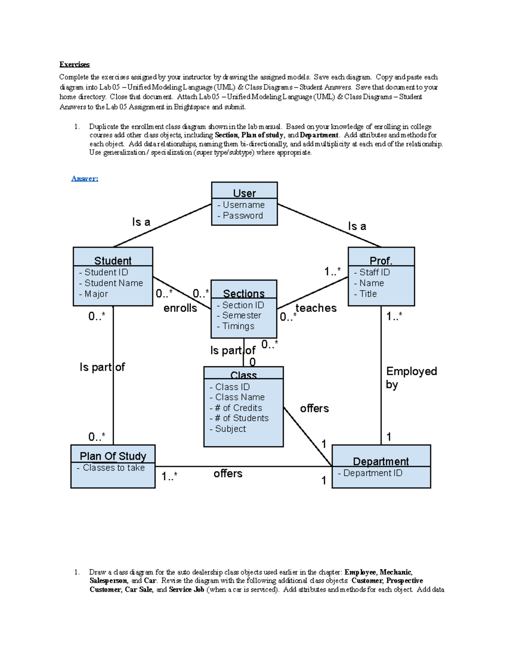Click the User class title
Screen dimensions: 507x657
[244, 193]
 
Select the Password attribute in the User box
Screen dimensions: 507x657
[240, 216]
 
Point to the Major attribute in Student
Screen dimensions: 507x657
[93, 294]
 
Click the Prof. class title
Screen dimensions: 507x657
[381, 261]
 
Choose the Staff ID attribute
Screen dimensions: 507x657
[372, 272]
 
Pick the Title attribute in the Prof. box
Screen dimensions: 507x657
[365, 294]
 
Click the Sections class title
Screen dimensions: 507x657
[244, 293]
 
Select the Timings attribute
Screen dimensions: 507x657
[235, 326]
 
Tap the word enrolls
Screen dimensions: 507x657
[180, 308]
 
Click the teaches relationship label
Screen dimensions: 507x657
[316, 308]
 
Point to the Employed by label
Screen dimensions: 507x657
[411, 378]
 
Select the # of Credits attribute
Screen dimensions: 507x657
[235, 408]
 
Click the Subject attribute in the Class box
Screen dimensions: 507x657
[228, 429]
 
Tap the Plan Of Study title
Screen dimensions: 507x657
[113, 456]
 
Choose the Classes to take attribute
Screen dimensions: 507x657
[111, 468]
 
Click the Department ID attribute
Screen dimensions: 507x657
[370, 473]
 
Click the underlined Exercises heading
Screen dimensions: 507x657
[75, 64]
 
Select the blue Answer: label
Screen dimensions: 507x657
[84, 179]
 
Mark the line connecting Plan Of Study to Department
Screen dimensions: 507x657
[244, 467]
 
